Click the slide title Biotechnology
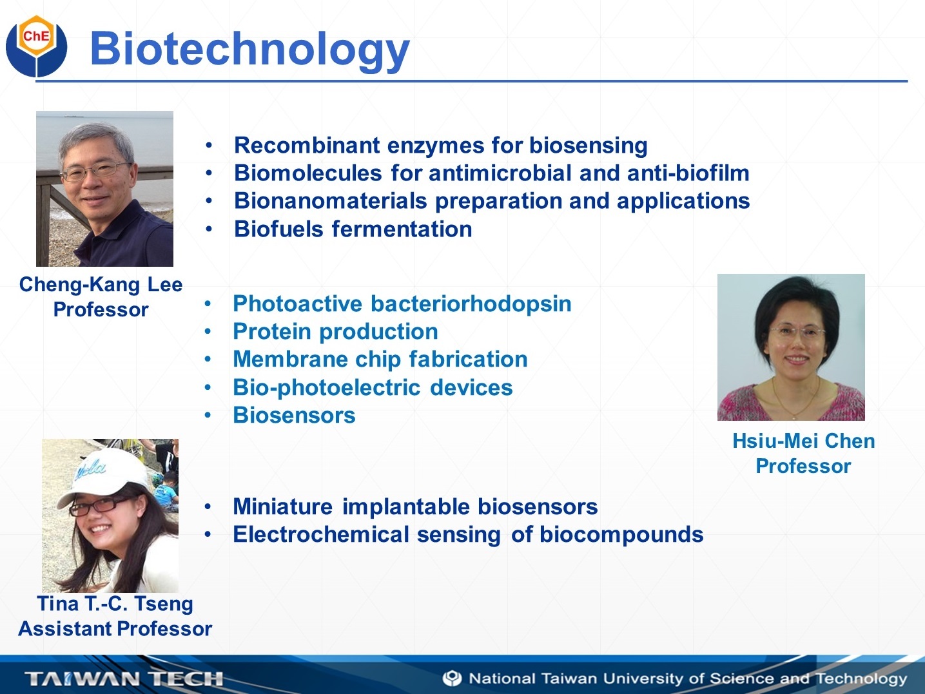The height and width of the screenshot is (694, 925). tap(250, 50)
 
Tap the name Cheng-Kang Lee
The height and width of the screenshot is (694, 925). tap(101, 284)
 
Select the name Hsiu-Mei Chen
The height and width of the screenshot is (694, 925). tap(804, 441)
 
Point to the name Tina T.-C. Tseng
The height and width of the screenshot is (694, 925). tap(115, 603)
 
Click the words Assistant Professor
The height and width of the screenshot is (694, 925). tap(115, 629)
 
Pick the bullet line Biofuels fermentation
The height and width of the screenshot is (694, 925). tap(353, 229)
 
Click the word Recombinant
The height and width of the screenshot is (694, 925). tap(307, 145)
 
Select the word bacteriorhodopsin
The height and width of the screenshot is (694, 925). tap(471, 304)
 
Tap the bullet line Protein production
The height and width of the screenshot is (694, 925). tap(335, 331)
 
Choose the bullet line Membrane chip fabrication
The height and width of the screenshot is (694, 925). tap(380, 359)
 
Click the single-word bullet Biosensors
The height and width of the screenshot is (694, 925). tap(294, 415)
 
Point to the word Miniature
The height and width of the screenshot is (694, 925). tap(283, 506)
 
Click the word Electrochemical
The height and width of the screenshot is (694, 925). tap(321, 534)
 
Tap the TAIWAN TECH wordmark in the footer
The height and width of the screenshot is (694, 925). tap(124, 679)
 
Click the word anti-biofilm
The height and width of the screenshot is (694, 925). tap(688, 173)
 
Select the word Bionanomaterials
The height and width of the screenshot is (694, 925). tap(331, 201)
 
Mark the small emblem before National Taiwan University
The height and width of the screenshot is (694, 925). tap(453, 679)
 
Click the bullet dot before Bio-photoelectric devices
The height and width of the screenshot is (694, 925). tap(208, 387)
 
